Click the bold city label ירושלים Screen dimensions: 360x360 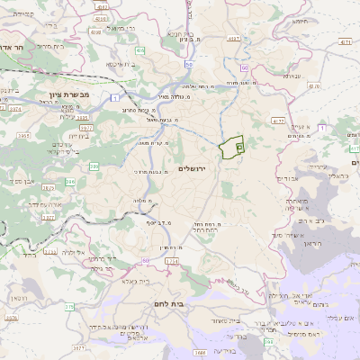tap(193, 168)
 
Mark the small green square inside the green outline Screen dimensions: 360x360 tap(238, 145)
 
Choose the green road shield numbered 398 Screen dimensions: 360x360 tap(267, 342)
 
